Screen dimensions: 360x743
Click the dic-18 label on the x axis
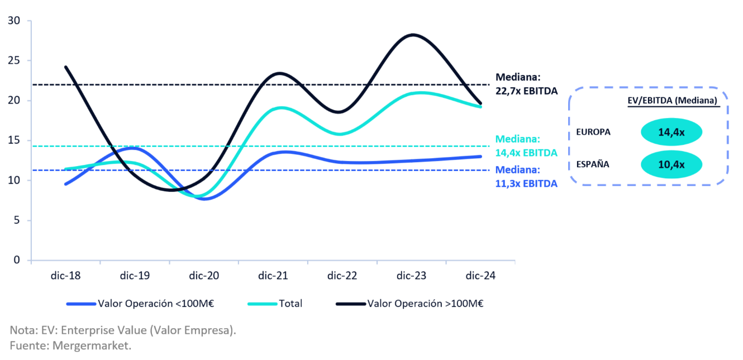(66, 276)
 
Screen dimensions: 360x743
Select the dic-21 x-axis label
(273, 276)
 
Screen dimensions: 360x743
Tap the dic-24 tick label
(480, 276)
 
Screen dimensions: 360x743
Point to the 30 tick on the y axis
(14, 21)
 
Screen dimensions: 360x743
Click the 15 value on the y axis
(14, 141)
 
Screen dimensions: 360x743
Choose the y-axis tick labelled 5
(17, 220)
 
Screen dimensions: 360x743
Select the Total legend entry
(290, 304)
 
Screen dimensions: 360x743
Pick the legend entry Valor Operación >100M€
(425, 304)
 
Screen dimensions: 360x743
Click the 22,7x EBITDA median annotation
(526, 91)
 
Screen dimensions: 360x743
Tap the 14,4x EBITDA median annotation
(526, 153)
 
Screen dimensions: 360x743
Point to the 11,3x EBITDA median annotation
(526, 183)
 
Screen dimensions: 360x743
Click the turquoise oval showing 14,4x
(671, 132)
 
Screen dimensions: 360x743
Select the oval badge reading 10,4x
(671, 164)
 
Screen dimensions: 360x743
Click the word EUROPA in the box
(593, 132)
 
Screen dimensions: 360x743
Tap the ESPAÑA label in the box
(593, 164)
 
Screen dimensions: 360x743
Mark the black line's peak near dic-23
(412, 35)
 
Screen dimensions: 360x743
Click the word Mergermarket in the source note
(92, 345)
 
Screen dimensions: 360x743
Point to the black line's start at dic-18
(66, 67)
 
